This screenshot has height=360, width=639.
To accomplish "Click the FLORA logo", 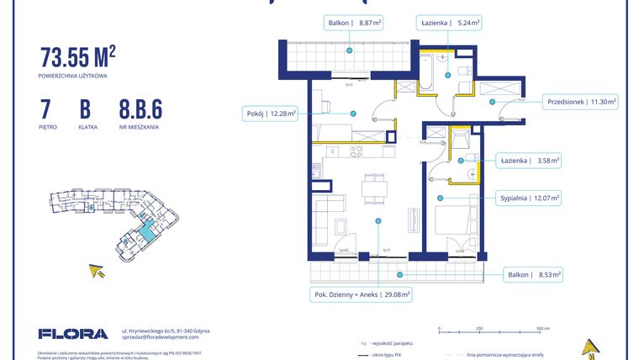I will [x=73, y=334].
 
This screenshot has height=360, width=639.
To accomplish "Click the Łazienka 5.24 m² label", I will [x=450, y=24].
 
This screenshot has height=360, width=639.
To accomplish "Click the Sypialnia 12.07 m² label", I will [x=528, y=198].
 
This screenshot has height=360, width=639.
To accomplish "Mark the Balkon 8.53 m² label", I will [x=533, y=274].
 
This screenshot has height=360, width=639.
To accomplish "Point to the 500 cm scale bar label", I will [x=541, y=329].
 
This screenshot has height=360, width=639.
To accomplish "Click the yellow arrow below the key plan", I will [x=97, y=270].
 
